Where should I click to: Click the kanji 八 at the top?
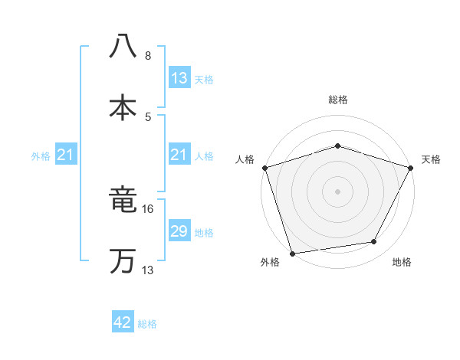point(123,46)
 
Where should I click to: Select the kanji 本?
point(123,107)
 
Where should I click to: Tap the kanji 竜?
point(123,200)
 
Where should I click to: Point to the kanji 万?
point(123,260)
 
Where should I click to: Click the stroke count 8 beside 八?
point(148,56)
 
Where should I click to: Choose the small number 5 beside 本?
point(148,117)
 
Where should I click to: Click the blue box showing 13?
point(179,78)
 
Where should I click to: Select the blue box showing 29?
point(179,231)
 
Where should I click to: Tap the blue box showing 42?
point(123,322)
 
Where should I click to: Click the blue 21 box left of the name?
point(66,155)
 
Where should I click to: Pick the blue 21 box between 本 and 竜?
point(179,155)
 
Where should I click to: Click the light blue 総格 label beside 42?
point(147,324)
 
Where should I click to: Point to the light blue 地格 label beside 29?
point(204,233)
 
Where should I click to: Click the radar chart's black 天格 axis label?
point(431,159)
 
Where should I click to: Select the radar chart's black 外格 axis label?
point(270,263)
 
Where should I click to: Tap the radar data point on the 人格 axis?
point(264,168)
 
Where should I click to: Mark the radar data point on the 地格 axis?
point(374,242)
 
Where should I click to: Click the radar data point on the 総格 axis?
point(337,146)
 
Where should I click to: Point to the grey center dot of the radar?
point(337,191)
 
